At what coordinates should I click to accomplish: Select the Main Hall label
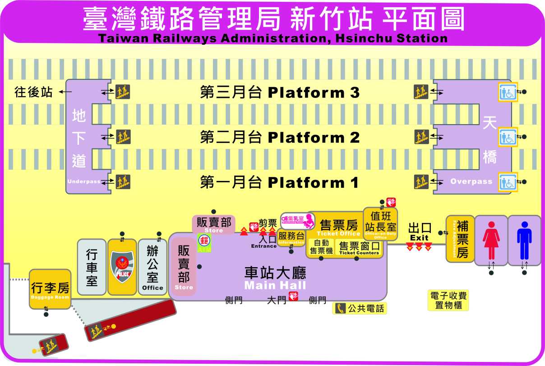[x=275, y=285]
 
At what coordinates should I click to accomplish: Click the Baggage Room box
[x=50, y=289]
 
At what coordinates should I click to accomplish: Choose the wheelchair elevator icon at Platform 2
[x=508, y=137]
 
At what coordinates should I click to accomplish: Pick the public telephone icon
[x=340, y=309]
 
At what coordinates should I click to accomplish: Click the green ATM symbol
[x=204, y=239]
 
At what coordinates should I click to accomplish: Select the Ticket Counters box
[x=359, y=248]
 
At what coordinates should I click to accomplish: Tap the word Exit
[x=419, y=238]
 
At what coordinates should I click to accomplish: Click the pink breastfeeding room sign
[x=297, y=220]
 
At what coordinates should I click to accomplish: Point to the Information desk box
[x=291, y=237]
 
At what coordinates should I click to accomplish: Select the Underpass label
[x=84, y=181]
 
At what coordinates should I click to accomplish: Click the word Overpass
[x=471, y=181]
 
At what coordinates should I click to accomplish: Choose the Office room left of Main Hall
[x=152, y=267]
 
